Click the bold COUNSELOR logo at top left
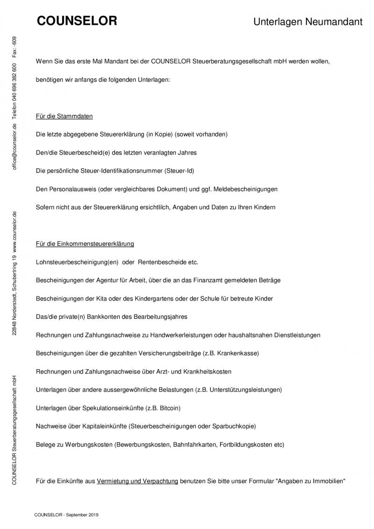[77, 21]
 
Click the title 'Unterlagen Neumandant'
[308, 22]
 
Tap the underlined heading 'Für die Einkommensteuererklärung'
[85, 244]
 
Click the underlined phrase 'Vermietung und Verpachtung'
[137, 481]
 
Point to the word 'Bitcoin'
[170, 408]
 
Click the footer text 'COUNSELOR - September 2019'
[66, 515]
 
